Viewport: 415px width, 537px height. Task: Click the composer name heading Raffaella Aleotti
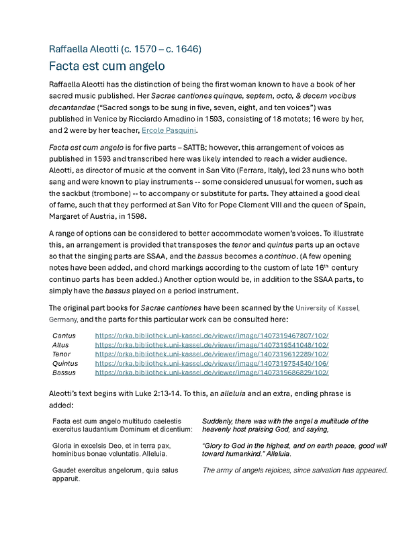[x=125, y=49]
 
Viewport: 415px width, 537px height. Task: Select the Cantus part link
[x=212, y=335]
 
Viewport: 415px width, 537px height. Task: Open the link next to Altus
[x=212, y=344]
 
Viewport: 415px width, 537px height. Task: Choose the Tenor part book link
[x=212, y=354]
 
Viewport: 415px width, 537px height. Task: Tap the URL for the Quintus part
[x=212, y=363]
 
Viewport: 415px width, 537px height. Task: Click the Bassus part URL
[x=212, y=373]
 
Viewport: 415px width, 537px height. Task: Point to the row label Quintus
[x=64, y=363]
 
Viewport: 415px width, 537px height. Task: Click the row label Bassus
[x=64, y=373]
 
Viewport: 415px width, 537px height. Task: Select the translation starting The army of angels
[x=295, y=471]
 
